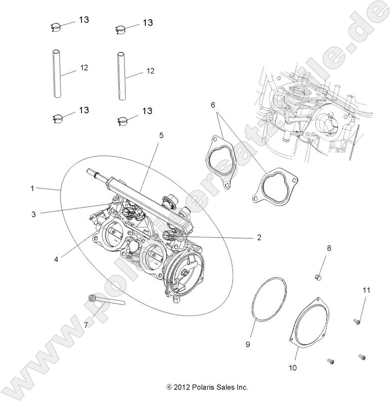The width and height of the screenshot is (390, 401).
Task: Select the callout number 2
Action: pos(259,237)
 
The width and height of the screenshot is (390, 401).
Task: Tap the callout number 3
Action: pos(34,214)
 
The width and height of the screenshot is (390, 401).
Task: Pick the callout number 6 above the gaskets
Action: pos(213,105)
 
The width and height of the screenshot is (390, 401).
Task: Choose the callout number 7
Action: pos(86,325)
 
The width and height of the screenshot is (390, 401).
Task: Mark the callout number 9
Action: pos(248,344)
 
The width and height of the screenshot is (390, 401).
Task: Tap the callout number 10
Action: pos(293,368)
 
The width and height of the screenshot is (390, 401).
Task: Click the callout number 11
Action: pos(366,290)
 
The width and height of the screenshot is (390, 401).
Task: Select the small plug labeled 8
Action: pos(318,277)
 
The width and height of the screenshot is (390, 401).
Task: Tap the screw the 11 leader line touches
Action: pos(357,320)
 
